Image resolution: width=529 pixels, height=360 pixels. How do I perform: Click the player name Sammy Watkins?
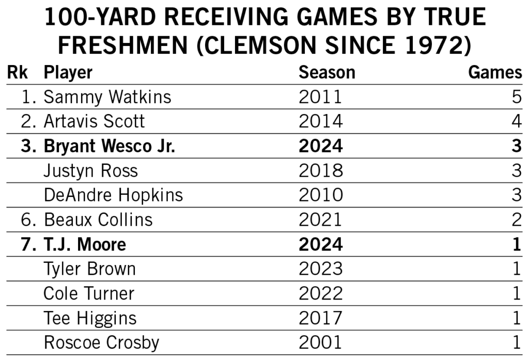[107, 97]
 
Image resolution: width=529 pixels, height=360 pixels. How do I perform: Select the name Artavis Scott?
[94, 121]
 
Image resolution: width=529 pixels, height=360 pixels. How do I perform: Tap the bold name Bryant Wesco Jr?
[109, 146]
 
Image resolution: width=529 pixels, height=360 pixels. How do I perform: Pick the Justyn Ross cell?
[90, 170]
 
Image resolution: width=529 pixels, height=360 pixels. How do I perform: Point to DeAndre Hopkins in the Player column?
[113, 195]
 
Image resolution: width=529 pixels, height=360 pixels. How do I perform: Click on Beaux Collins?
[98, 220]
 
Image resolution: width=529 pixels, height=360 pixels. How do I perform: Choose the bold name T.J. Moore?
[85, 244]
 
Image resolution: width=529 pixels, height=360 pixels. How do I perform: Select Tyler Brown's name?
[89, 269]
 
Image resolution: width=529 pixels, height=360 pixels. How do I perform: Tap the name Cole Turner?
[89, 293]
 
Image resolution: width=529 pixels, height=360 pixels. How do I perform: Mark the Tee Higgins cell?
[90, 318]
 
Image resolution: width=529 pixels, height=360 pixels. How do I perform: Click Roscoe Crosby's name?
[101, 342]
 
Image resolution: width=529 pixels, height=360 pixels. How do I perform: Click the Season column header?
[326, 73]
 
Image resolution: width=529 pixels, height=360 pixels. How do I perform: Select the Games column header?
[495, 73]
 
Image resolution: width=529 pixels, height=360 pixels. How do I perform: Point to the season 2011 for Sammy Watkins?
[320, 97]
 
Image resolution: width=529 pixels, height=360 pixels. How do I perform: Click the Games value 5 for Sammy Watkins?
[516, 97]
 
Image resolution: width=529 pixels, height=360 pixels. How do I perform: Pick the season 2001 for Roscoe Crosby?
[320, 342]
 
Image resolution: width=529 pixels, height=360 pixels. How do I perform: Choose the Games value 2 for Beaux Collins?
[516, 220]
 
